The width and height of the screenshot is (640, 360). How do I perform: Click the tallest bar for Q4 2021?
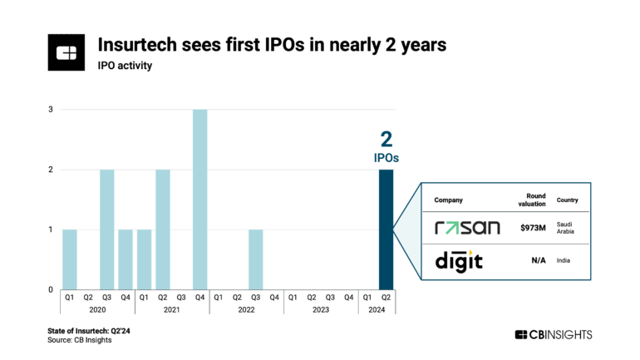[199, 200]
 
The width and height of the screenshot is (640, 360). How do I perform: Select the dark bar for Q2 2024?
[386, 229]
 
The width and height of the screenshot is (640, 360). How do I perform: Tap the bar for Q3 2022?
[255, 259]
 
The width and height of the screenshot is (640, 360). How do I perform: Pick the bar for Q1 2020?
[70, 259]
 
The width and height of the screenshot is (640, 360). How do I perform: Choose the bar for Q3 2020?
[107, 229]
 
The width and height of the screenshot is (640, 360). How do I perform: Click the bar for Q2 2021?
[163, 229]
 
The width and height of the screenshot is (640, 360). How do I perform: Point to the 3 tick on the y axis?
[51, 110]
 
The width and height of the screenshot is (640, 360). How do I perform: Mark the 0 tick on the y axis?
[51, 289]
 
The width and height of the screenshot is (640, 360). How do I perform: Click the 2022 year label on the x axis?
[246, 309]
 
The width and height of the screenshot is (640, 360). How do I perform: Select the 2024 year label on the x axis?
[377, 309]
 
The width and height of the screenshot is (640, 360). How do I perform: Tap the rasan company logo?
[467, 227]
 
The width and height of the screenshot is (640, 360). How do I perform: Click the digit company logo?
[459, 260]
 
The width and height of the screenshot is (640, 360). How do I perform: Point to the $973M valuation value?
[532, 227]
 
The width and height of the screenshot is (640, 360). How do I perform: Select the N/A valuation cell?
[538, 260]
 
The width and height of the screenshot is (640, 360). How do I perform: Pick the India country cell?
[564, 260]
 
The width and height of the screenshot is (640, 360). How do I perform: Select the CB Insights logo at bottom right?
[554, 334]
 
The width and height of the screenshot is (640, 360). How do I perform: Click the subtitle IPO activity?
[126, 65]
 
